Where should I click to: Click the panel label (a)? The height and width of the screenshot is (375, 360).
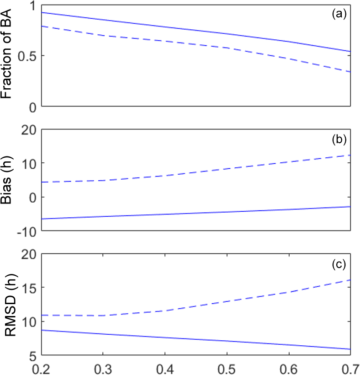click(x=339, y=14)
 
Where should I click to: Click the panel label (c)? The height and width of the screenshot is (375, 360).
click(x=339, y=264)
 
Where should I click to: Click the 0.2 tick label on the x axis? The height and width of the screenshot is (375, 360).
click(x=42, y=368)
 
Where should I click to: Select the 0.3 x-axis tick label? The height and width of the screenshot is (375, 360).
click(x=104, y=368)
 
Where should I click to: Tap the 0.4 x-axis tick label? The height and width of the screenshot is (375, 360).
click(x=165, y=368)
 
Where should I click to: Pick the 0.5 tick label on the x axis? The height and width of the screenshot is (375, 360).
click(x=227, y=368)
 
